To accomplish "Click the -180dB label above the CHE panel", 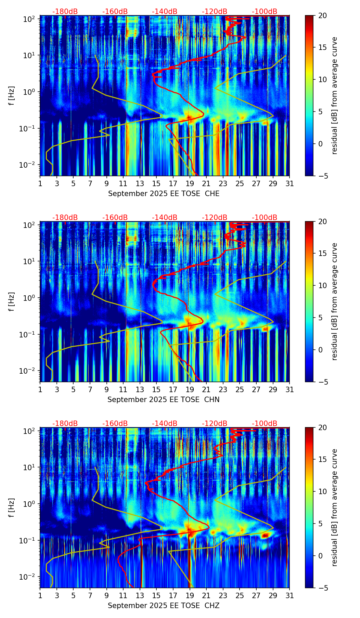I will point(65,12).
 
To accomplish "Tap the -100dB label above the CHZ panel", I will point(265,424).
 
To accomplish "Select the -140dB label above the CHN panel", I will point(165,218).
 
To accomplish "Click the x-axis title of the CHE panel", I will point(164,194).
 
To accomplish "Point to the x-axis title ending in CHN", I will point(164,400).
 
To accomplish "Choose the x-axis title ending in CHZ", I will point(164,606).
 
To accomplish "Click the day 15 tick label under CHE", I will point(156,183).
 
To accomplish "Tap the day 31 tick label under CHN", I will point(290,389).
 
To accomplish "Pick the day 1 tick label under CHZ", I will point(40,595).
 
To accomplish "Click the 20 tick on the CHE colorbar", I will point(322,15).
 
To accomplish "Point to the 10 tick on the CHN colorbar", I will point(322,285).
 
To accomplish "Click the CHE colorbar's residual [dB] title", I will point(334,95).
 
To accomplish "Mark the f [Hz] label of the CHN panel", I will point(12,301).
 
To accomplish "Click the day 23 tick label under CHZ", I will point(223,595).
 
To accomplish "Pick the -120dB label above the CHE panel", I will point(215,12).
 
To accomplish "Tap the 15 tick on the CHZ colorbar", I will point(322,460).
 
